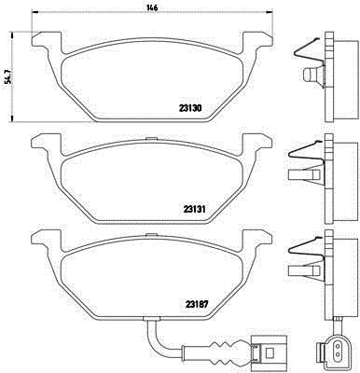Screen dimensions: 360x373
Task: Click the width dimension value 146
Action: (152, 7)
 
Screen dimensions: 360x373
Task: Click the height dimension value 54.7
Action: (9, 76)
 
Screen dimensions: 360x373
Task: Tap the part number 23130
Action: (190, 108)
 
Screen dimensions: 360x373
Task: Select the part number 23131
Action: (194, 209)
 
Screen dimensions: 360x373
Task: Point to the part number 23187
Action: (196, 303)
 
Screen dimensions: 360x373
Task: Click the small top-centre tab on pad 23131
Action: (152, 138)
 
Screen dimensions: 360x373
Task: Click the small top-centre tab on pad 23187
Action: (152, 235)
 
